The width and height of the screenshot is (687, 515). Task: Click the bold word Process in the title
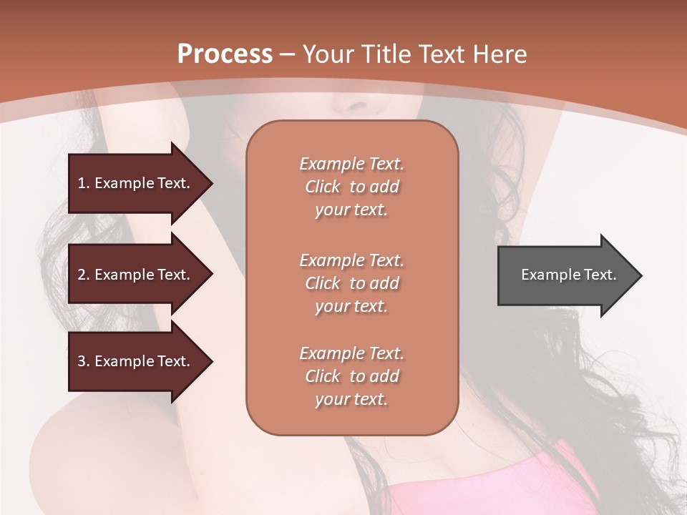tap(225, 54)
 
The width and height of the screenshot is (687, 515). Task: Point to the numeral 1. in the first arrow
tap(84, 183)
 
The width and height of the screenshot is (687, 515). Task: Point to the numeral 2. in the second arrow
tap(84, 275)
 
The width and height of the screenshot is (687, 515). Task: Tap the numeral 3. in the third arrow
tap(84, 361)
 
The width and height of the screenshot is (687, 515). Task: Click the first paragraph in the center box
tap(352, 187)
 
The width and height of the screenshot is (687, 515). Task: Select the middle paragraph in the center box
tap(352, 283)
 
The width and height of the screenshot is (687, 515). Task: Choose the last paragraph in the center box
tap(352, 376)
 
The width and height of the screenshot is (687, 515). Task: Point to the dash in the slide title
tap(288, 54)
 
